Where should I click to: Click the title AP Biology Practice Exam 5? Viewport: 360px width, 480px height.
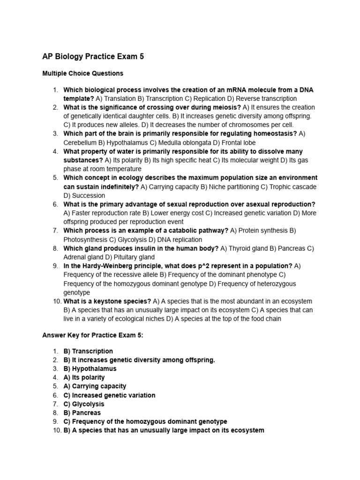pyautogui.click(x=93, y=57)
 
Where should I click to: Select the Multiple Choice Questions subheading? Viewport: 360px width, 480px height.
pyautogui.click(x=83, y=74)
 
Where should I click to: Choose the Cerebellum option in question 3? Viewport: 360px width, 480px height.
pyautogui.click(x=80, y=142)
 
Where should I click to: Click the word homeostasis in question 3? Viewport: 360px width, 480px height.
pyautogui.click(x=275, y=134)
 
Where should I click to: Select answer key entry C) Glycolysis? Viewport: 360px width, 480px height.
pyautogui.click(x=84, y=404)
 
